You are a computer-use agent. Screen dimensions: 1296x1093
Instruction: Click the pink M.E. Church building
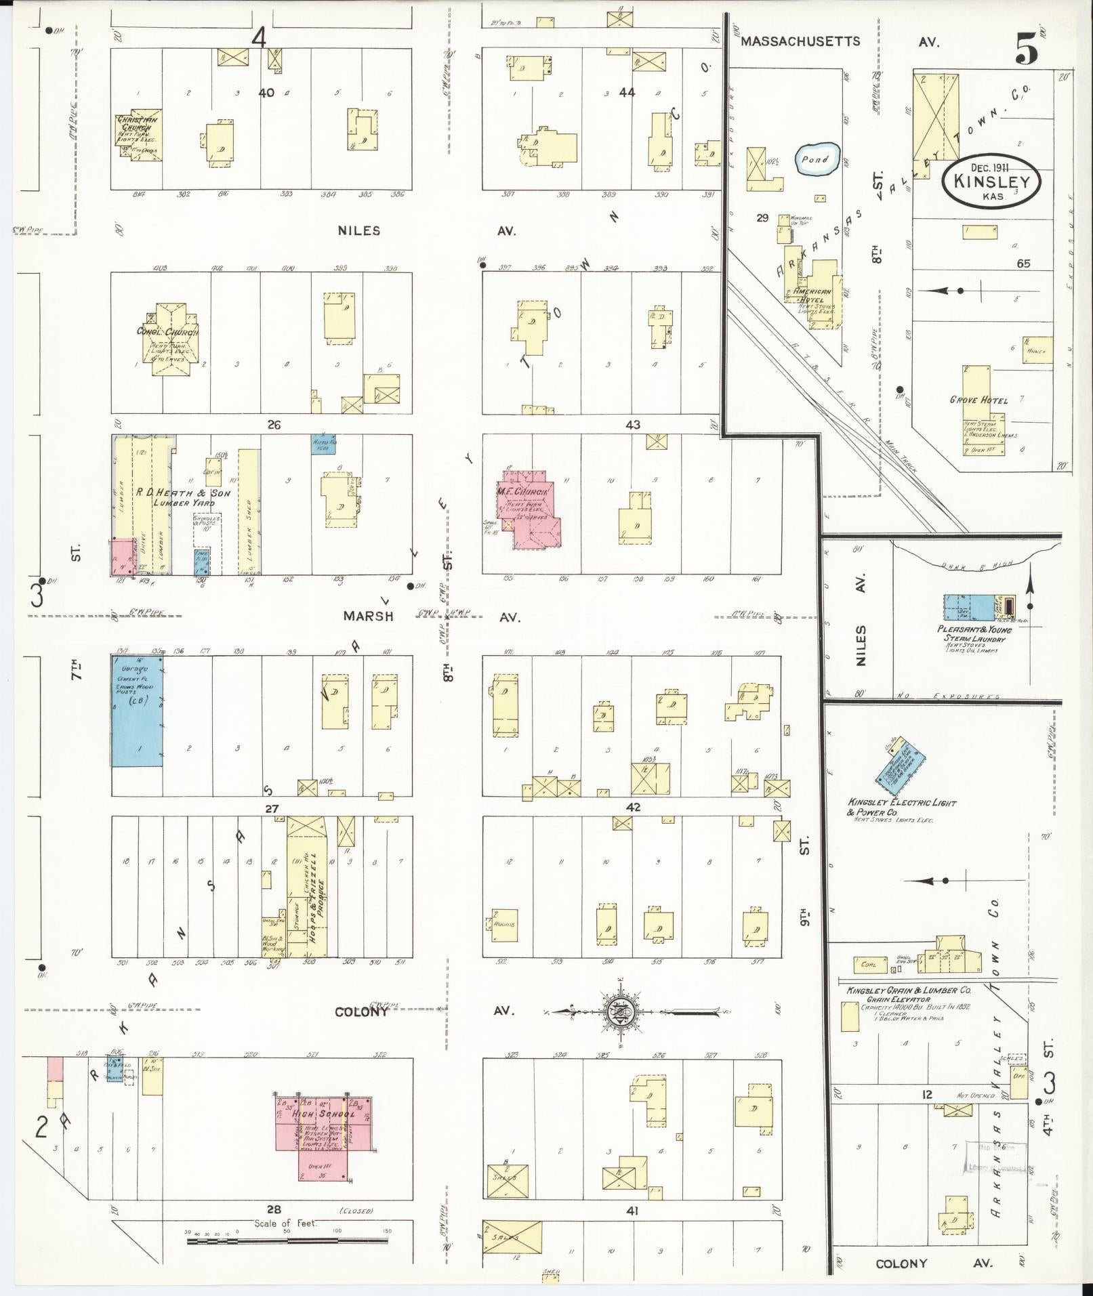click(x=533, y=506)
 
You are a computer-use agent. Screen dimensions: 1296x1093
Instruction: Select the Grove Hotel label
click(x=978, y=400)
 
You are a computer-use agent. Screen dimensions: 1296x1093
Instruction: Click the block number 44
click(x=627, y=92)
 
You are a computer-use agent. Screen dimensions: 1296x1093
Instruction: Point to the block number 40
click(x=266, y=92)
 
